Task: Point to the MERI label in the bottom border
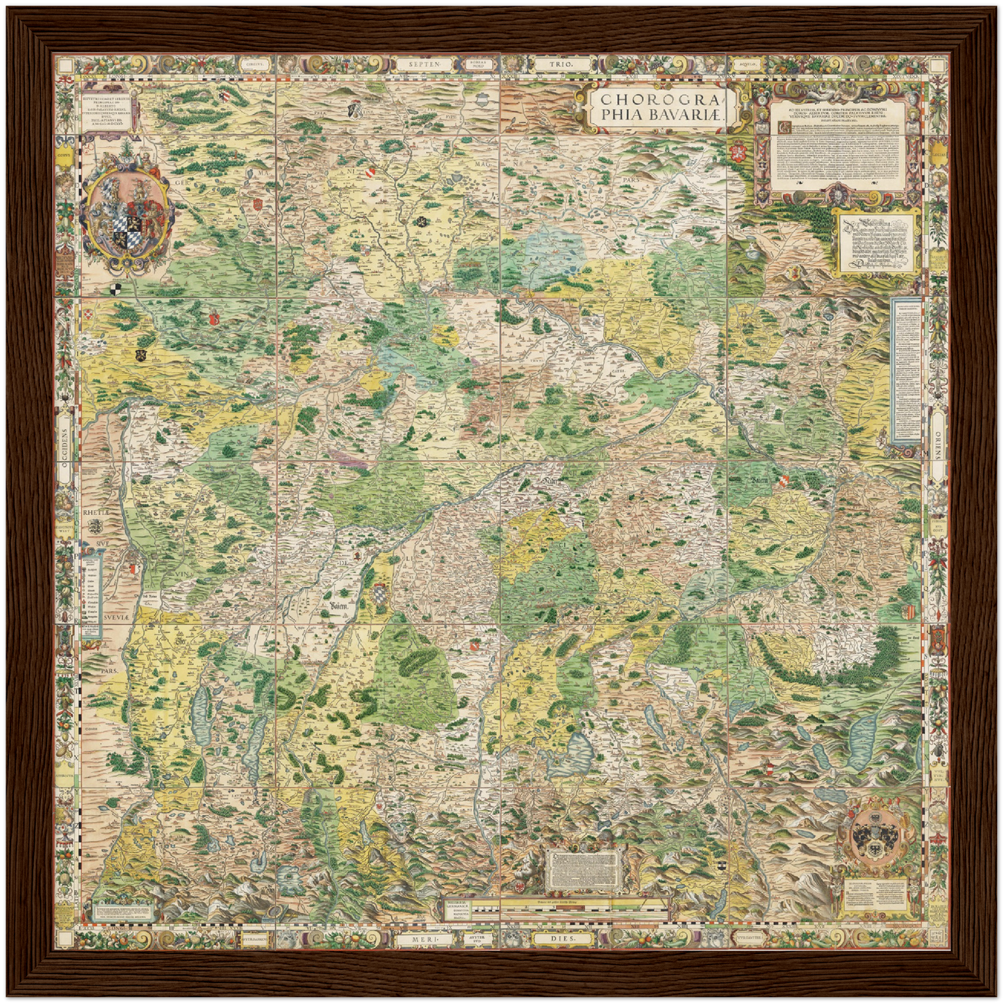424,939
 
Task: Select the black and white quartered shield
115,287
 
